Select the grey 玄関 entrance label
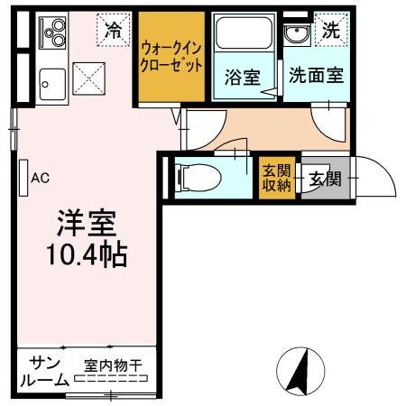(325, 177)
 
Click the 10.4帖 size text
(87, 254)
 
